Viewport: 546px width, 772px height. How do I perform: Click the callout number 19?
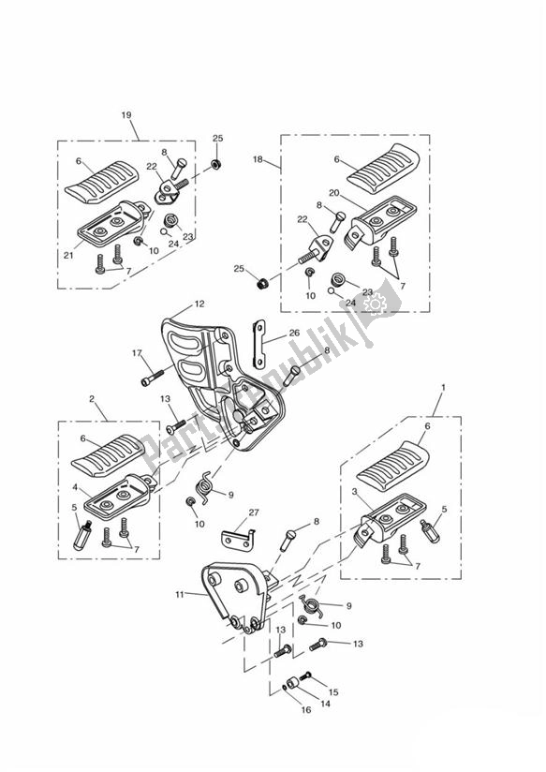pyautogui.click(x=126, y=115)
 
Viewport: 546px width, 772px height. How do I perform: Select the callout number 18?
pyautogui.click(x=258, y=159)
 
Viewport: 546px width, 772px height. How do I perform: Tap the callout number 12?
pyautogui.click(x=199, y=304)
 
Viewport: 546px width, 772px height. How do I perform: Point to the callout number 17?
pyautogui.click(x=137, y=352)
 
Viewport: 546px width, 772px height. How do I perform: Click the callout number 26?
pyautogui.click(x=294, y=333)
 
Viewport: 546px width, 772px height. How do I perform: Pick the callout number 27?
pyautogui.click(x=254, y=512)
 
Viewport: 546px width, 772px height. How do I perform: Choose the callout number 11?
pyautogui.click(x=179, y=594)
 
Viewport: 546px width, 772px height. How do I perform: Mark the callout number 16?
pyautogui.click(x=306, y=710)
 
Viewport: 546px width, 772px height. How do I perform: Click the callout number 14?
pyautogui.click(x=325, y=704)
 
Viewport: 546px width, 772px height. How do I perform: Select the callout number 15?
pyautogui.click(x=333, y=692)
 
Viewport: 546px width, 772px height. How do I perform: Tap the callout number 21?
pyautogui.click(x=68, y=255)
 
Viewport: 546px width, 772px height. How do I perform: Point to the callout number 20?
pyautogui.click(x=334, y=193)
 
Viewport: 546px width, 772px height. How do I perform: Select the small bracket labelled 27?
pyautogui.click(x=238, y=538)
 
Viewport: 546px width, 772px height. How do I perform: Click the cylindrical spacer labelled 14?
pyautogui.click(x=295, y=684)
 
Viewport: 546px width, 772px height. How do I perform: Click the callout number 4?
pyautogui.click(x=75, y=487)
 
